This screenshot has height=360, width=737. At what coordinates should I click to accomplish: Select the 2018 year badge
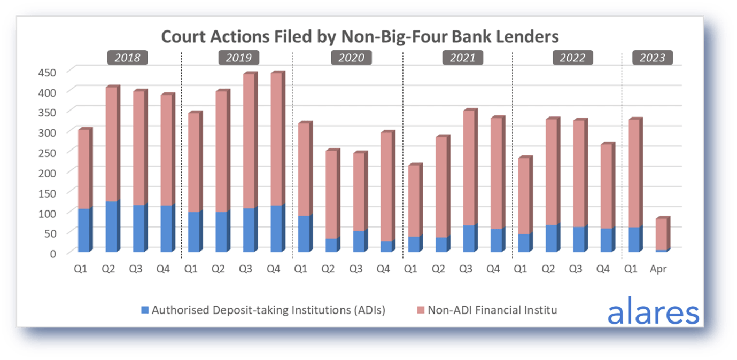click(x=127, y=58)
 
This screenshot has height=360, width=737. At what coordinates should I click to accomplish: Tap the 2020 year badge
click(x=351, y=58)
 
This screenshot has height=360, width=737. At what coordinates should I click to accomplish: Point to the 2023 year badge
click(x=653, y=58)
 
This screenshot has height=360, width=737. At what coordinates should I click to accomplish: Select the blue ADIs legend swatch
click(x=145, y=310)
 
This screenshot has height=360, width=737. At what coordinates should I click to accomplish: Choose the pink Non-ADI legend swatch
click(x=420, y=310)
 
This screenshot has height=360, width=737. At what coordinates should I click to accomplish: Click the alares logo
click(x=653, y=312)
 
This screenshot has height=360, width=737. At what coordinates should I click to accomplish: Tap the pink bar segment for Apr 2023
click(x=661, y=234)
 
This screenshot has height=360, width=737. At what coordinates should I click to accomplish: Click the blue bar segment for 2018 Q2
click(x=111, y=226)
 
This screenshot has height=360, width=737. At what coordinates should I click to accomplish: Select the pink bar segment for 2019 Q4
click(x=276, y=139)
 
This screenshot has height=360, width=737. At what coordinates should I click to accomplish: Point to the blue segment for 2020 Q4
click(x=386, y=246)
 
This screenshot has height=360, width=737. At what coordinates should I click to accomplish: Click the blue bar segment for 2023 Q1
click(x=633, y=239)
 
